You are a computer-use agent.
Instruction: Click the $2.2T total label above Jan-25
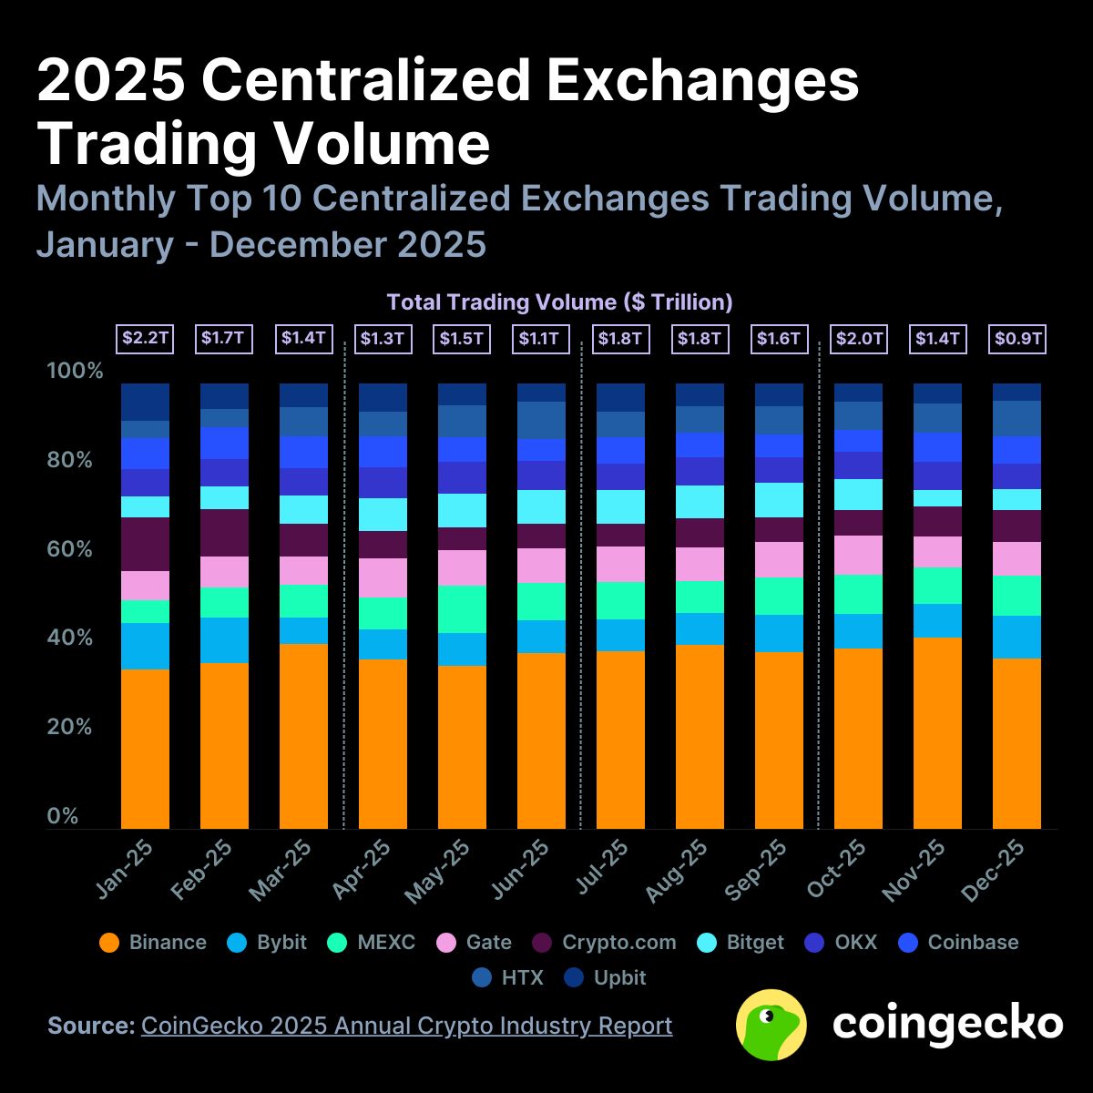(x=145, y=339)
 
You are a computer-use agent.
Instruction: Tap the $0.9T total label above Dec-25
(x=1017, y=339)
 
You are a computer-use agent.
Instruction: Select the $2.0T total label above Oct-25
(x=858, y=339)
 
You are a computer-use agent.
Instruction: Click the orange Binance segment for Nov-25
(x=937, y=732)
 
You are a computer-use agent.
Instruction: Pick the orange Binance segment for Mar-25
(x=303, y=736)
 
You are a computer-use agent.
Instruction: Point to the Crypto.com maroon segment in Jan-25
(x=145, y=544)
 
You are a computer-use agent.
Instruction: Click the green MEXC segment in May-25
(x=462, y=608)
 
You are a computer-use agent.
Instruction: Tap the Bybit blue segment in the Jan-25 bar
(x=145, y=646)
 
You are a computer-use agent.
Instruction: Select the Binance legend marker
(x=109, y=943)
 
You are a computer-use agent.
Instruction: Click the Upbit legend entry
(x=605, y=978)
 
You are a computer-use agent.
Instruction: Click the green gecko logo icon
(x=771, y=1024)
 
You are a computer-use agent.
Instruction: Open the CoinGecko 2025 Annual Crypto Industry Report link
(x=406, y=1026)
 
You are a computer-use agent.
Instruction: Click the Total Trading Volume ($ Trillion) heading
(x=559, y=301)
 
